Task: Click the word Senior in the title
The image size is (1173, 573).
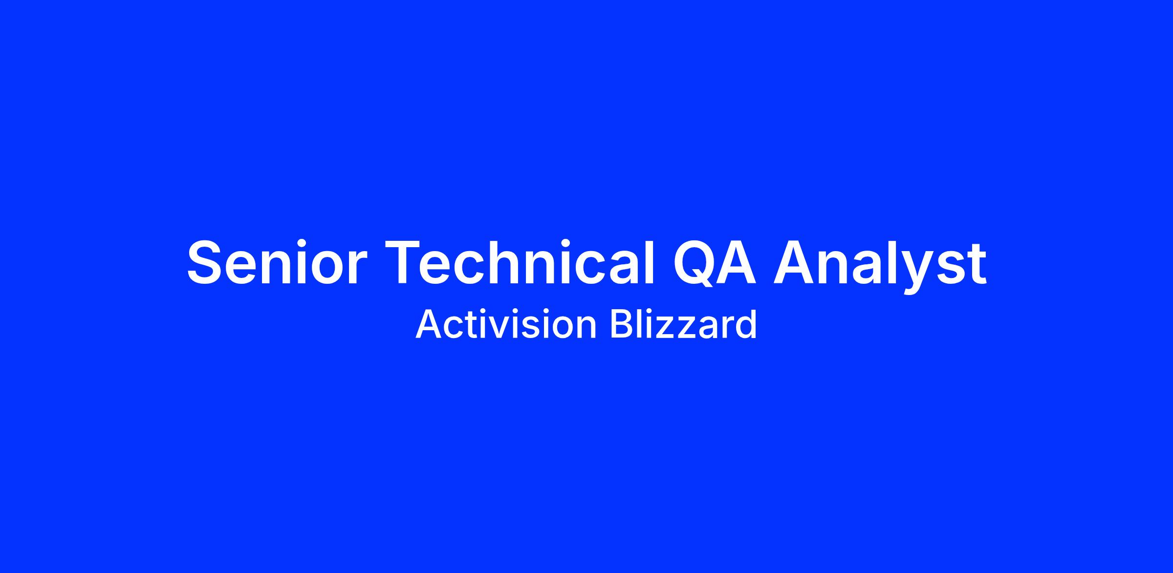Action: [x=277, y=262]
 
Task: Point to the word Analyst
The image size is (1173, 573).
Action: [x=880, y=266]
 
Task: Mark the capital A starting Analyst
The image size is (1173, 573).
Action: [x=795, y=262]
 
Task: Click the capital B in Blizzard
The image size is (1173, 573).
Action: [x=622, y=324]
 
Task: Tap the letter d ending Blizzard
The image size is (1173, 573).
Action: [x=746, y=324]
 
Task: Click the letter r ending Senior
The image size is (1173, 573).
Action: [x=357, y=268]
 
